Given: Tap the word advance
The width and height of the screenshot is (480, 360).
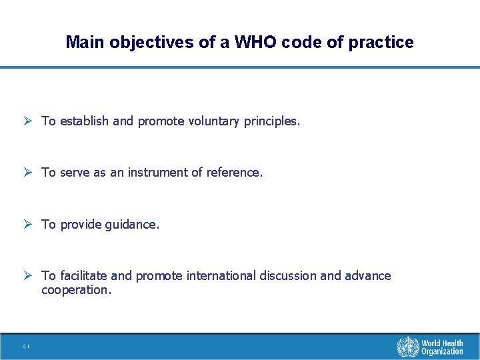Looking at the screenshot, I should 368,276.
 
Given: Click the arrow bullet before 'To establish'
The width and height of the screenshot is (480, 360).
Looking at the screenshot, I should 29,121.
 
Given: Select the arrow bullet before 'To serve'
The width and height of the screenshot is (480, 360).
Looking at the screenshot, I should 29,173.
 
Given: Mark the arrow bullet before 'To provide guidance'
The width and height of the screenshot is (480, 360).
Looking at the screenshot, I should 29,225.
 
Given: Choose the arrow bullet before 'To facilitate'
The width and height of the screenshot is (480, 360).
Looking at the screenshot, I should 29,276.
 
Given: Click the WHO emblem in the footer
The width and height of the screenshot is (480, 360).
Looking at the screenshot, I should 407,347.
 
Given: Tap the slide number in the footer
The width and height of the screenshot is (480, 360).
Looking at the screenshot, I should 25,347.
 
